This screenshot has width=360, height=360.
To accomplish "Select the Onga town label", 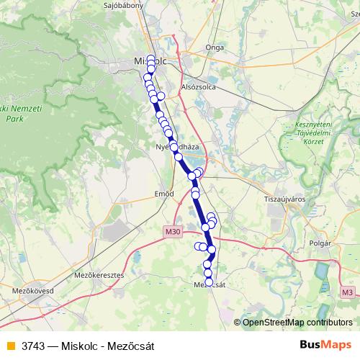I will (x=215, y=48).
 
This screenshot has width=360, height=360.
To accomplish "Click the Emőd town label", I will (x=165, y=194).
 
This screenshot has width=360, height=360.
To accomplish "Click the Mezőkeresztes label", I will (x=99, y=275).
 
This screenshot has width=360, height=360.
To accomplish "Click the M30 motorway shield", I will (x=171, y=232).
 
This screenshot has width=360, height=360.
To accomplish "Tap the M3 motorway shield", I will (x=348, y=292).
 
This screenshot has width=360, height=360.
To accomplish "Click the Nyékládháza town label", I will (x=177, y=146).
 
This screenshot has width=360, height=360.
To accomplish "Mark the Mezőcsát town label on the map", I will (x=211, y=284).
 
